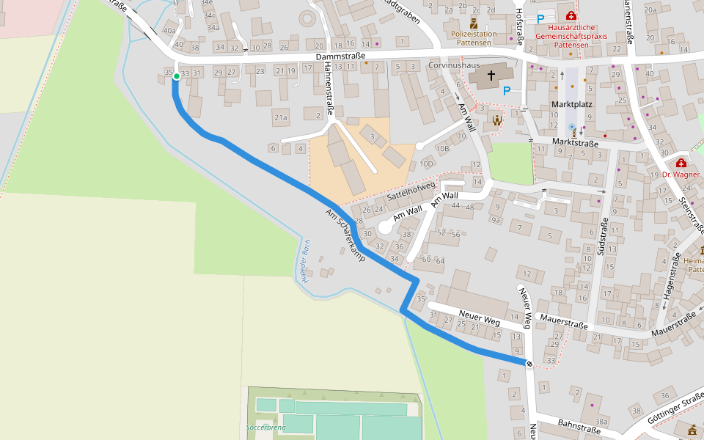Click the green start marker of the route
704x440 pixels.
coord(177,76)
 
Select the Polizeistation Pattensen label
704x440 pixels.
coord(473,38)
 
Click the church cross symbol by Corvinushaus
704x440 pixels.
coord(491,76)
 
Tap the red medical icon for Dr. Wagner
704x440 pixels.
coord(681,163)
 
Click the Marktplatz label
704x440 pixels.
coord(571,105)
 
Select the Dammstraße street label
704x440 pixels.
coord(340,56)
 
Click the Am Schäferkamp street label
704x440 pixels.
coord(345,235)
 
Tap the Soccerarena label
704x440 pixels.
coord(265,426)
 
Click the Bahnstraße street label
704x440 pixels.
coord(579,427)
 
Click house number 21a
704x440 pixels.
coord(280,117)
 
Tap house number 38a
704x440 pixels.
coord(601,422)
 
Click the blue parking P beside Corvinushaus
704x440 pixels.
coord(506,91)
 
